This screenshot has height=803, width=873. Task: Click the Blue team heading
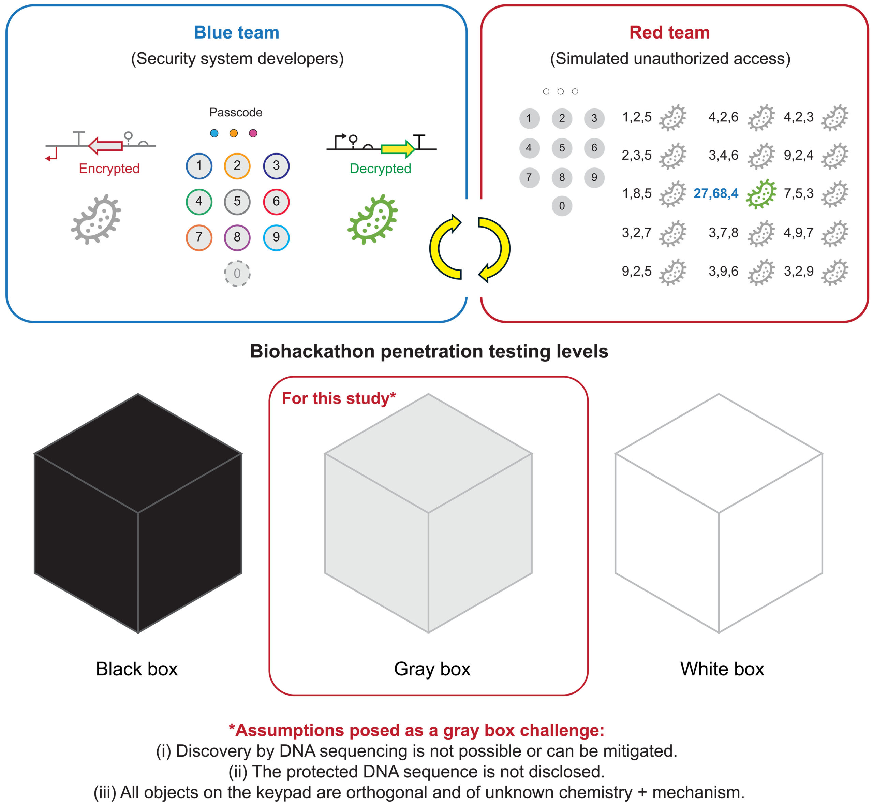click(236, 33)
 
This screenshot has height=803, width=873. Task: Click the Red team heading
click(669, 33)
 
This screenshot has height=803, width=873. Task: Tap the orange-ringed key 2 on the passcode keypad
click(237, 165)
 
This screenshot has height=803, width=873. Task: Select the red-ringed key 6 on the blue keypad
click(276, 202)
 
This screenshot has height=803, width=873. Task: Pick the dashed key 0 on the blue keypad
click(237, 273)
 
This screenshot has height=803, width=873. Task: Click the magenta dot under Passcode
click(253, 133)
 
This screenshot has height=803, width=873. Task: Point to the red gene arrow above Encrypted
click(105, 146)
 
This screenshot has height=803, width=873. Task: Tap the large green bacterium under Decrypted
click(373, 219)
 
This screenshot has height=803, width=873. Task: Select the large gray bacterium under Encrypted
click(96, 219)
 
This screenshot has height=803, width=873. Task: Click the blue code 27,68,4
click(716, 193)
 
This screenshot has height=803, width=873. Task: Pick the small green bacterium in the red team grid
click(761, 194)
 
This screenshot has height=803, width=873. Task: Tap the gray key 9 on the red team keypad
click(594, 177)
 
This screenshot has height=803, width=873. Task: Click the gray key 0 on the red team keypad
click(562, 206)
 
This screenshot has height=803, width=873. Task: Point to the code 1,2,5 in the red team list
click(637, 117)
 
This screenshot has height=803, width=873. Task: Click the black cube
click(138, 513)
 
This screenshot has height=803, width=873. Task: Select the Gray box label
click(432, 669)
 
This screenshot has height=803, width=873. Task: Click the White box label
click(722, 669)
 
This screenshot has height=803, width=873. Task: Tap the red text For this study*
click(339, 398)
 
